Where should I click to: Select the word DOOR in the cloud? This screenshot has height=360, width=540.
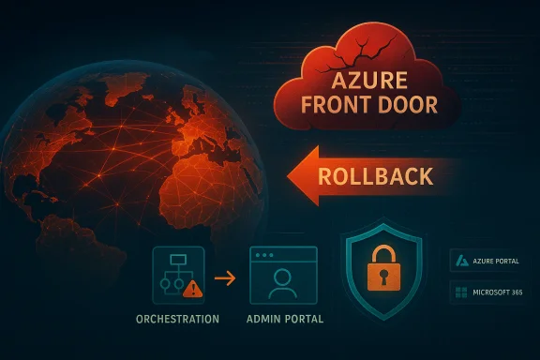[405, 102]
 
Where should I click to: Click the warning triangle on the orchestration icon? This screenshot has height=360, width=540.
[192, 290]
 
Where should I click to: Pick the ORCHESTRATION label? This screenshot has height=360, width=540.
[177, 320]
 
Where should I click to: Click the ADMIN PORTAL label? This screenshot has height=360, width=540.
[283, 320]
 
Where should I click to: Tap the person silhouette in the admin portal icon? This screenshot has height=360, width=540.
[284, 281]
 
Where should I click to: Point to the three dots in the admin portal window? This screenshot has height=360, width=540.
[266, 255]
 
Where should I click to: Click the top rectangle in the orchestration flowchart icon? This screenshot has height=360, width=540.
[177, 260]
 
